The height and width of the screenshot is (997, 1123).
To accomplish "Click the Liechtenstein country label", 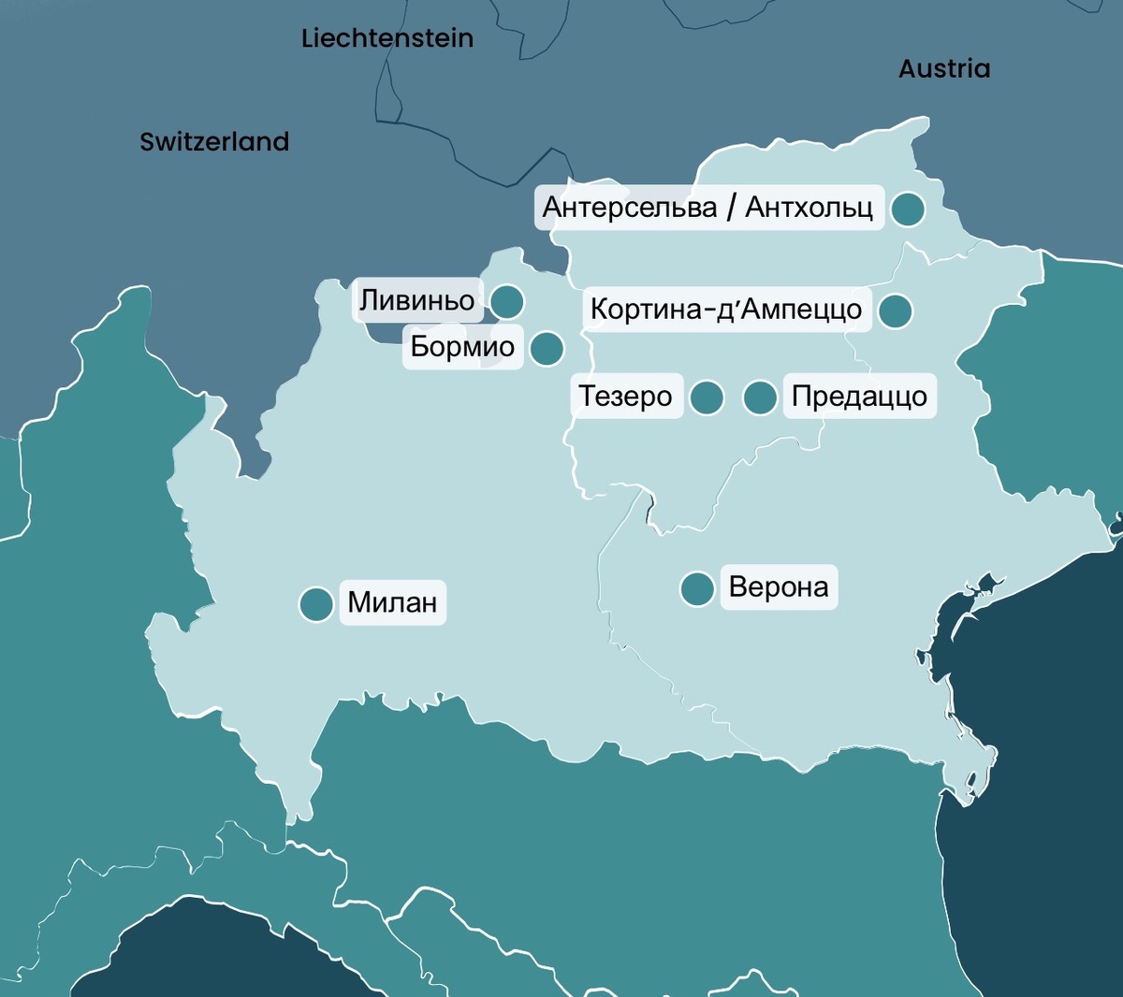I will (x=387, y=38).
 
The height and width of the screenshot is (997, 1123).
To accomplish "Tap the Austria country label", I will (x=943, y=68).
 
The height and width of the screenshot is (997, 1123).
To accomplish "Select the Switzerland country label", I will (x=214, y=141).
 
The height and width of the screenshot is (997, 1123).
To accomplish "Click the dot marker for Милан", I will (x=316, y=604).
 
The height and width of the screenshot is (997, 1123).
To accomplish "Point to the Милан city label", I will (x=392, y=602).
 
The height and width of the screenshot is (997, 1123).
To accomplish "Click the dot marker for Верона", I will (x=697, y=589).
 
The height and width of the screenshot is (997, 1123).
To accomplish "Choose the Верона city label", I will (x=778, y=587).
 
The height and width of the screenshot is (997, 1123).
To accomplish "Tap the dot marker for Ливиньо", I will (x=507, y=302).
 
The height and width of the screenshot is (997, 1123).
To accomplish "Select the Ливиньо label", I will (x=417, y=300).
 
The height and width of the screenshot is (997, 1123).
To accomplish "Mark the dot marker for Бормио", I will (x=547, y=349).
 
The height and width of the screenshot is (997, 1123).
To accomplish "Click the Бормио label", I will (x=462, y=347).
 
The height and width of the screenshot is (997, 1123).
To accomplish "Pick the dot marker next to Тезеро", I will (x=707, y=397).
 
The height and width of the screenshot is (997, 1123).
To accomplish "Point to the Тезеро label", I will (x=625, y=397).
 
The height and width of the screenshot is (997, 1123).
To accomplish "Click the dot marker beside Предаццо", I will (x=760, y=397).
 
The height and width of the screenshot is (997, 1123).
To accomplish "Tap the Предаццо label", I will (x=859, y=397).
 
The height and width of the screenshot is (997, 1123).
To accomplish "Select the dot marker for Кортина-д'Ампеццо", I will (x=896, y=311).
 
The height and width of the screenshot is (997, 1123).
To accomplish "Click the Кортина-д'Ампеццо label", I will (x=726, y=309).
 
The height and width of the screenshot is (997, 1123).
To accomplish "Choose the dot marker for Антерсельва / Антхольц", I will (x=907, y=210).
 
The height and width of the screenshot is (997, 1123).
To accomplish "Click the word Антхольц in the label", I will (x=809, y=207).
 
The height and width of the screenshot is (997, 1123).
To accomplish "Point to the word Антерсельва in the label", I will (x=630, y=207).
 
